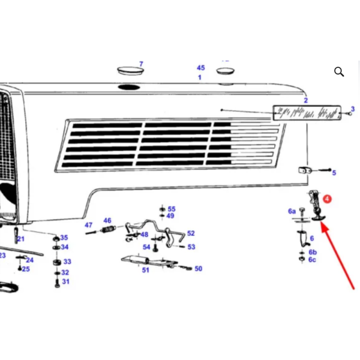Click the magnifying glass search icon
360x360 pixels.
339,71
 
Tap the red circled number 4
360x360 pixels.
327,199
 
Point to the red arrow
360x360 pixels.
337,256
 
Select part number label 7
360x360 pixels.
141,64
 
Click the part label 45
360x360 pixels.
200,68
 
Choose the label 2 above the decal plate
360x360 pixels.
305,100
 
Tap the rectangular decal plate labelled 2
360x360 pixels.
307,113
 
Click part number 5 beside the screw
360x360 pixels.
334,173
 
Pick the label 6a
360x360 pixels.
292,211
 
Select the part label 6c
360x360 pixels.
312,260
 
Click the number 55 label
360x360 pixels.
172,209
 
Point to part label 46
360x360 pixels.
107,220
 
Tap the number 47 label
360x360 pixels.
89,225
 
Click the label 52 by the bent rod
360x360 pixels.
191,233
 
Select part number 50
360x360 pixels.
199,269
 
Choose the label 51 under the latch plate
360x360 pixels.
146,270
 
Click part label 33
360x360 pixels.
67,262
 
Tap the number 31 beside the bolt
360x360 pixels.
65,281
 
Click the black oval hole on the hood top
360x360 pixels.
129,87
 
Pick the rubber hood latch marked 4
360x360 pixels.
316,206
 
